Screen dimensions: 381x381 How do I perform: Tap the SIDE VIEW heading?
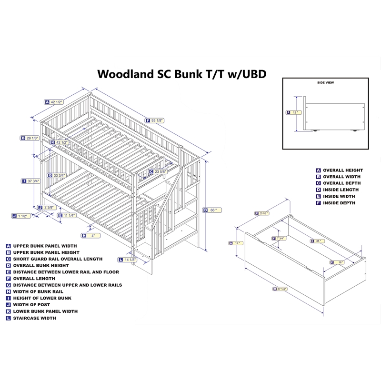(325, 82)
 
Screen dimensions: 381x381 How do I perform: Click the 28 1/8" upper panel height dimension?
(32, 138)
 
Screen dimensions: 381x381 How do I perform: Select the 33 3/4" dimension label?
(60, 176)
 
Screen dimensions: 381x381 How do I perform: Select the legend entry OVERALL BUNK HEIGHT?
(40, 265)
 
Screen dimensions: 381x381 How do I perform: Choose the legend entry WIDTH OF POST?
(31, 304)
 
